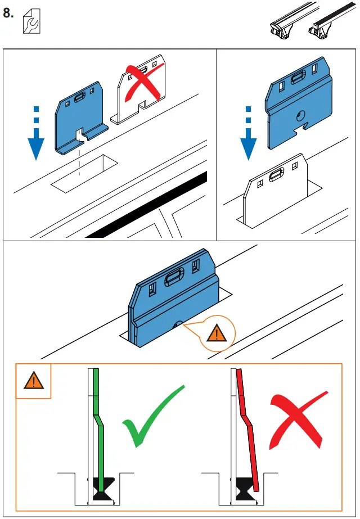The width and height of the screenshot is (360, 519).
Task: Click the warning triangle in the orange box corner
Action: tap(33, 381)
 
